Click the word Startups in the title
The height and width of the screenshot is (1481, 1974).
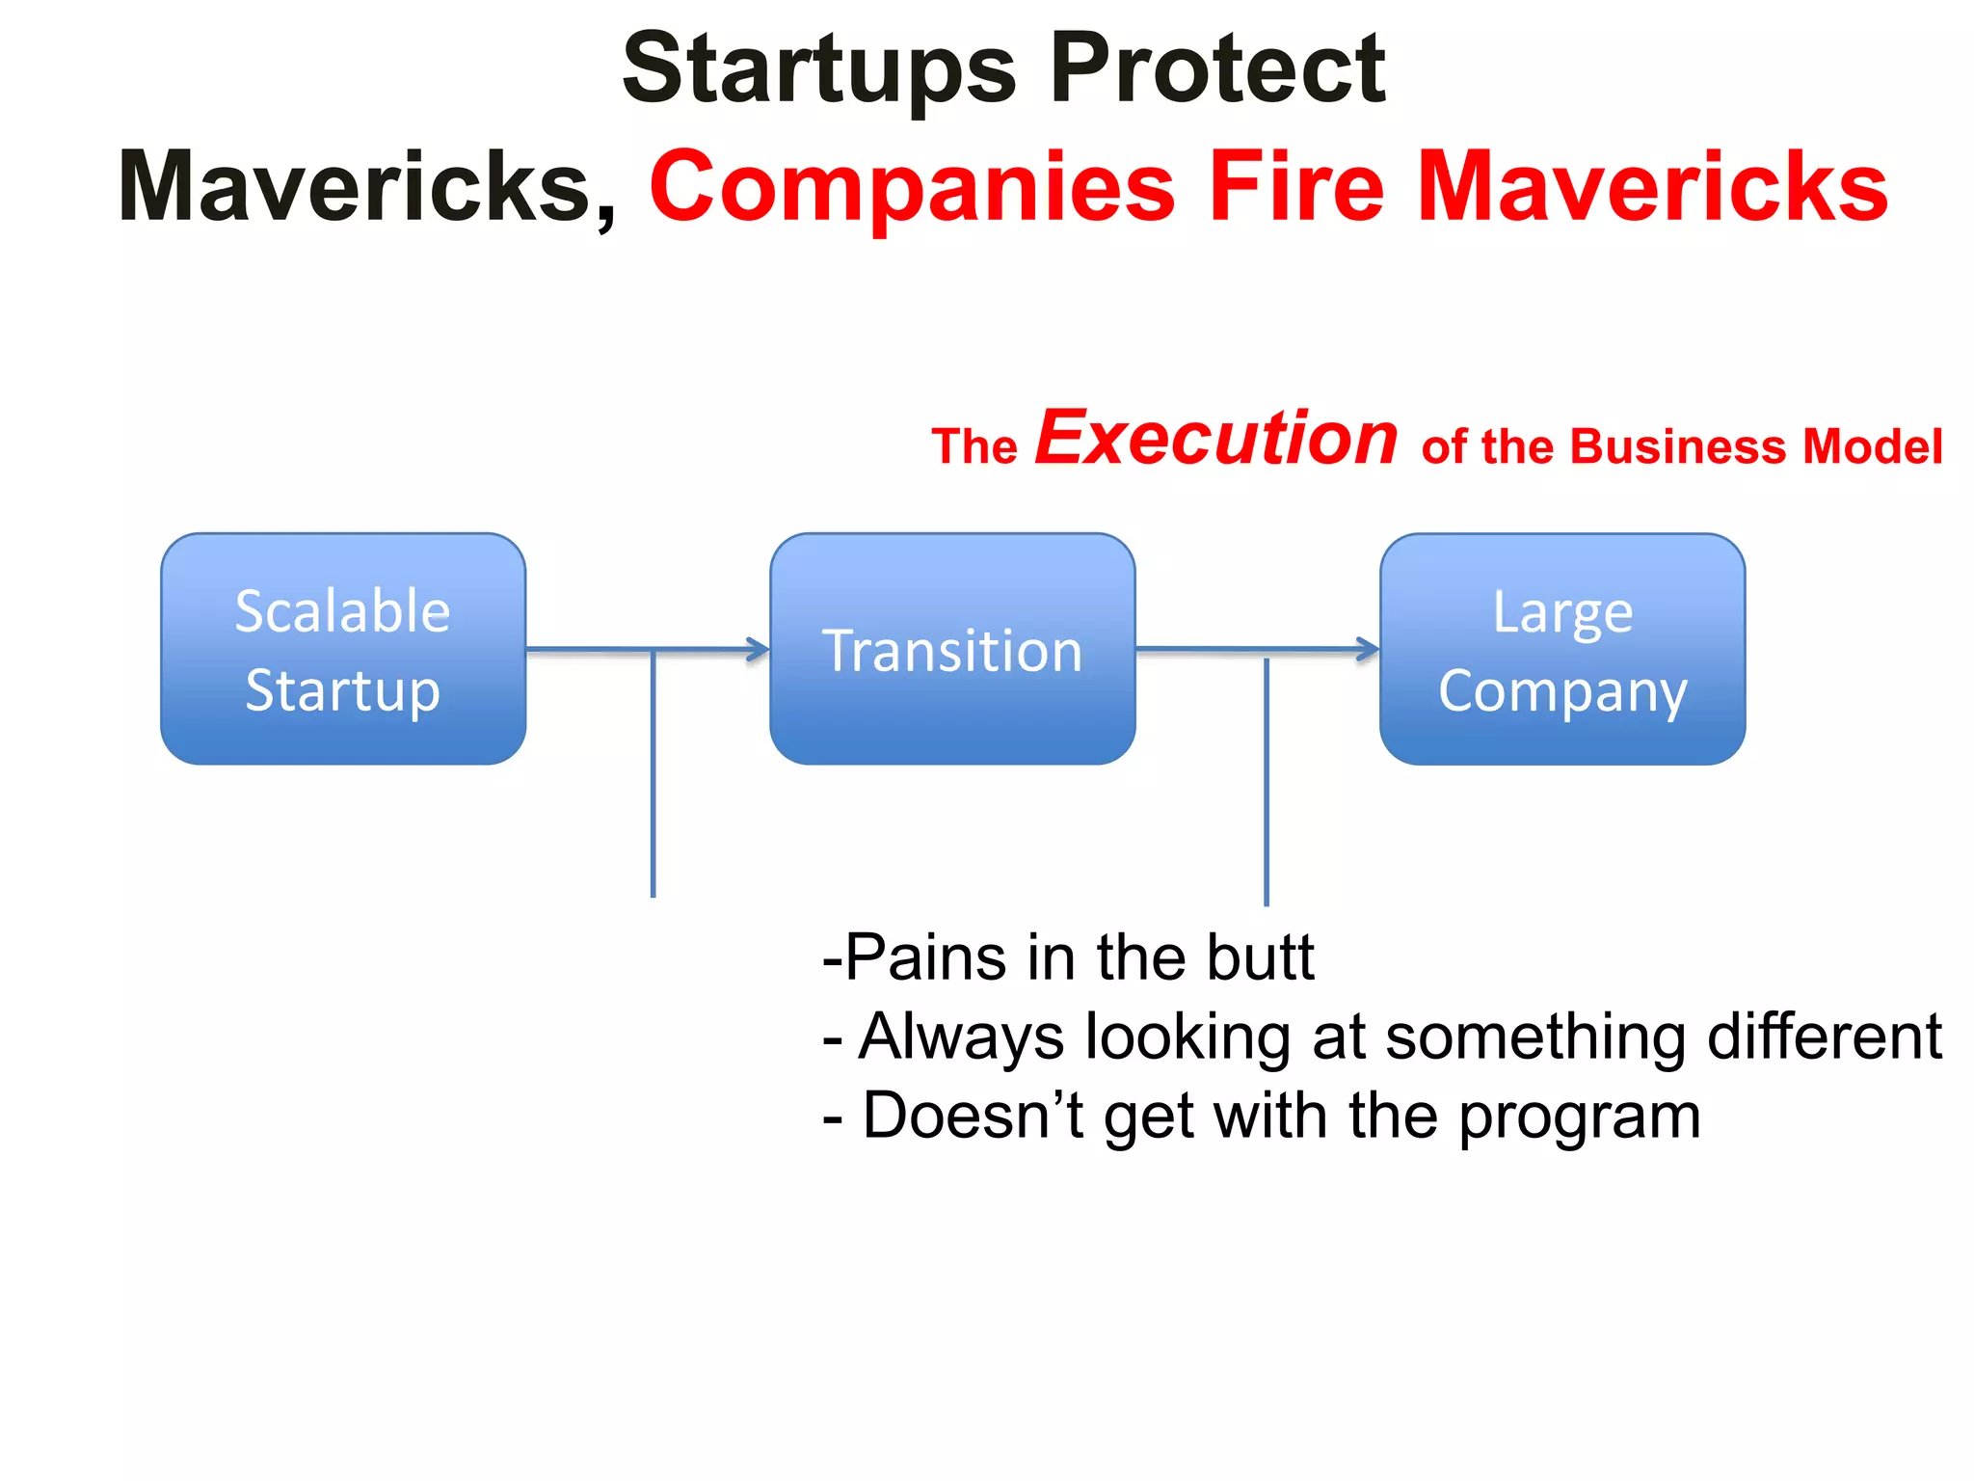819,69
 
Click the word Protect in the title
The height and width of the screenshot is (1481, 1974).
1218,69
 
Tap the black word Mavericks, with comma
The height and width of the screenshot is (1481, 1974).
366,188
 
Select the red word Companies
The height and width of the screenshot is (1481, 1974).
912,188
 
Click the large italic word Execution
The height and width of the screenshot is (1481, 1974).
1216,439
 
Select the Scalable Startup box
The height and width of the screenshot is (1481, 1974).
343,649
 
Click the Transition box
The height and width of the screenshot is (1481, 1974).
952,649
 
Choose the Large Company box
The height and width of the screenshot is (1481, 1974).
1562,649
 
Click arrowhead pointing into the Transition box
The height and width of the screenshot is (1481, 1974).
760,650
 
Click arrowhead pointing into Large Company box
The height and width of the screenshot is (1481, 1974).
1369,649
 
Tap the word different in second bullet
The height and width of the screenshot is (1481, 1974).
1824,1037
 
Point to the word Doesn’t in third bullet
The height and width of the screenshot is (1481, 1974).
974,1117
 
